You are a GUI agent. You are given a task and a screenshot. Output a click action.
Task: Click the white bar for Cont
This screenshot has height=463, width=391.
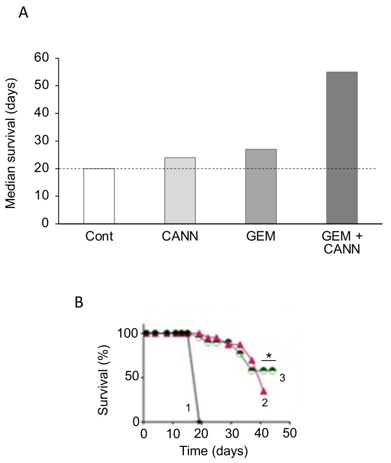pos(99,196)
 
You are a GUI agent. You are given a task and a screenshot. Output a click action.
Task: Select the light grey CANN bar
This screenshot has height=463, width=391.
pos(180,190)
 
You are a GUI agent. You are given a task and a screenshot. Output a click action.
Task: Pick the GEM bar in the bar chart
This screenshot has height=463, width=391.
pos(261,186)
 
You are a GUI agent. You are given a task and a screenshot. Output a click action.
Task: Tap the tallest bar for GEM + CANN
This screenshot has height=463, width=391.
pos(342,147)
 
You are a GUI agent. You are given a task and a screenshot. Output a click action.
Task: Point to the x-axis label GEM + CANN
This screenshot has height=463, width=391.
pos(342,244)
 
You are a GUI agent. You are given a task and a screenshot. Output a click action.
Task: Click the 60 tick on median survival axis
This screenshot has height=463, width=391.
pos(41,58)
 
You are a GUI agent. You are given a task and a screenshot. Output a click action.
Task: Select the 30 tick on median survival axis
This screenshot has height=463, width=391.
pos(41,141)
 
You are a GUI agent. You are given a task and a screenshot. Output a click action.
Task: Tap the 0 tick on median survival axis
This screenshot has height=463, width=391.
pos(45,223)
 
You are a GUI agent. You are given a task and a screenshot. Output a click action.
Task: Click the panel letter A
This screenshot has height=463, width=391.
pos(23,13)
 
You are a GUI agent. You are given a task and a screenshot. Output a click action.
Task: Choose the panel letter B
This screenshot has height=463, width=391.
pos(80,302)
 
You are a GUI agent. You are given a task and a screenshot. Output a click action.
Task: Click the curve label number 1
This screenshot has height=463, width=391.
pos(189,408)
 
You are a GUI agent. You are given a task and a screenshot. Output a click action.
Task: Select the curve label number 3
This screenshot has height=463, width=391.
pos(283,378)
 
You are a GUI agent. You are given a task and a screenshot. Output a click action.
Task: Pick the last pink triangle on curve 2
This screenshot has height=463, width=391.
pos(263,391)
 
